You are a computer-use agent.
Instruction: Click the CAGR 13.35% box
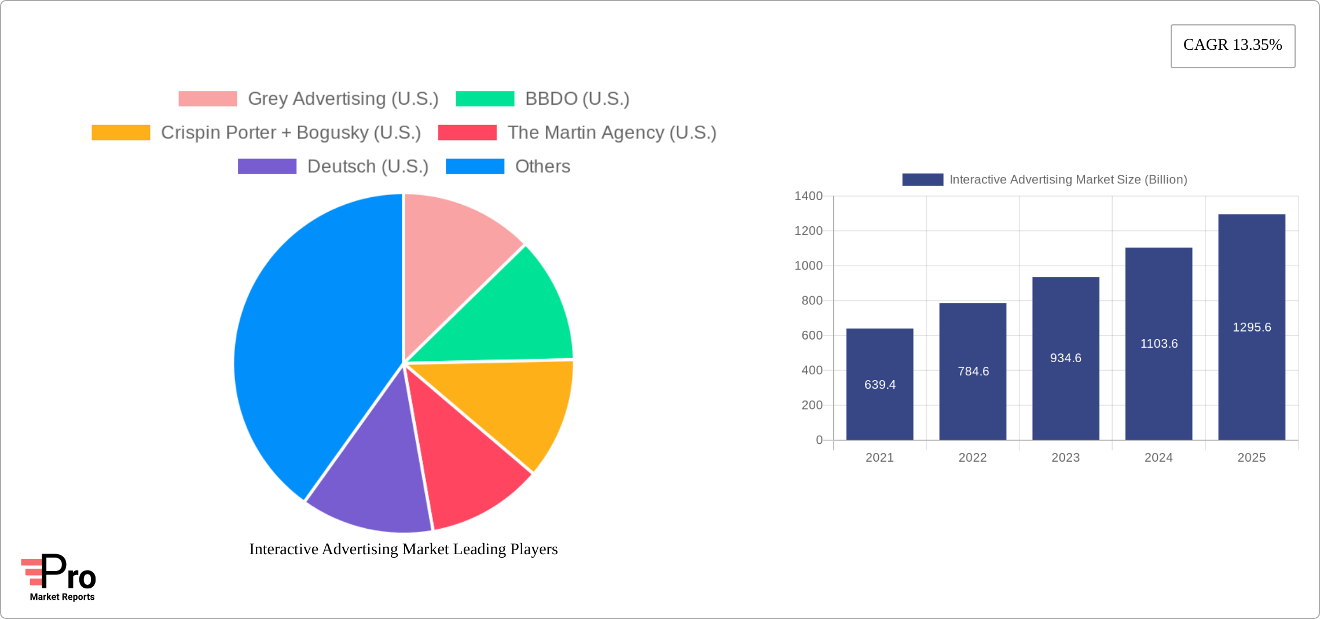pos(1233,46)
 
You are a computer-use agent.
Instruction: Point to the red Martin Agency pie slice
pos(463,463)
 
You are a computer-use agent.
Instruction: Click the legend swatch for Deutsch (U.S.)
pos(267,167)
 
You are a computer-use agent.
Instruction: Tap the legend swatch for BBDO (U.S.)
pos(485,99)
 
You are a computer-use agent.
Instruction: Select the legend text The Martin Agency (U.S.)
pos(611,132)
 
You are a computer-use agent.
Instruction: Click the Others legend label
pos(542,167)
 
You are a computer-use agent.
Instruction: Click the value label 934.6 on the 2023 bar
pos(1065,358)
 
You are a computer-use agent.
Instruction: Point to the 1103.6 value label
pos(1158,344)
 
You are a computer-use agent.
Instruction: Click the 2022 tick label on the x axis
pos(972,458)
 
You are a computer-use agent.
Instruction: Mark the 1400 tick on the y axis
pos(808,196)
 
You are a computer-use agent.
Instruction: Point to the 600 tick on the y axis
pos(812,336)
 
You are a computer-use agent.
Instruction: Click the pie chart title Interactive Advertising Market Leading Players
pos(404,549)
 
